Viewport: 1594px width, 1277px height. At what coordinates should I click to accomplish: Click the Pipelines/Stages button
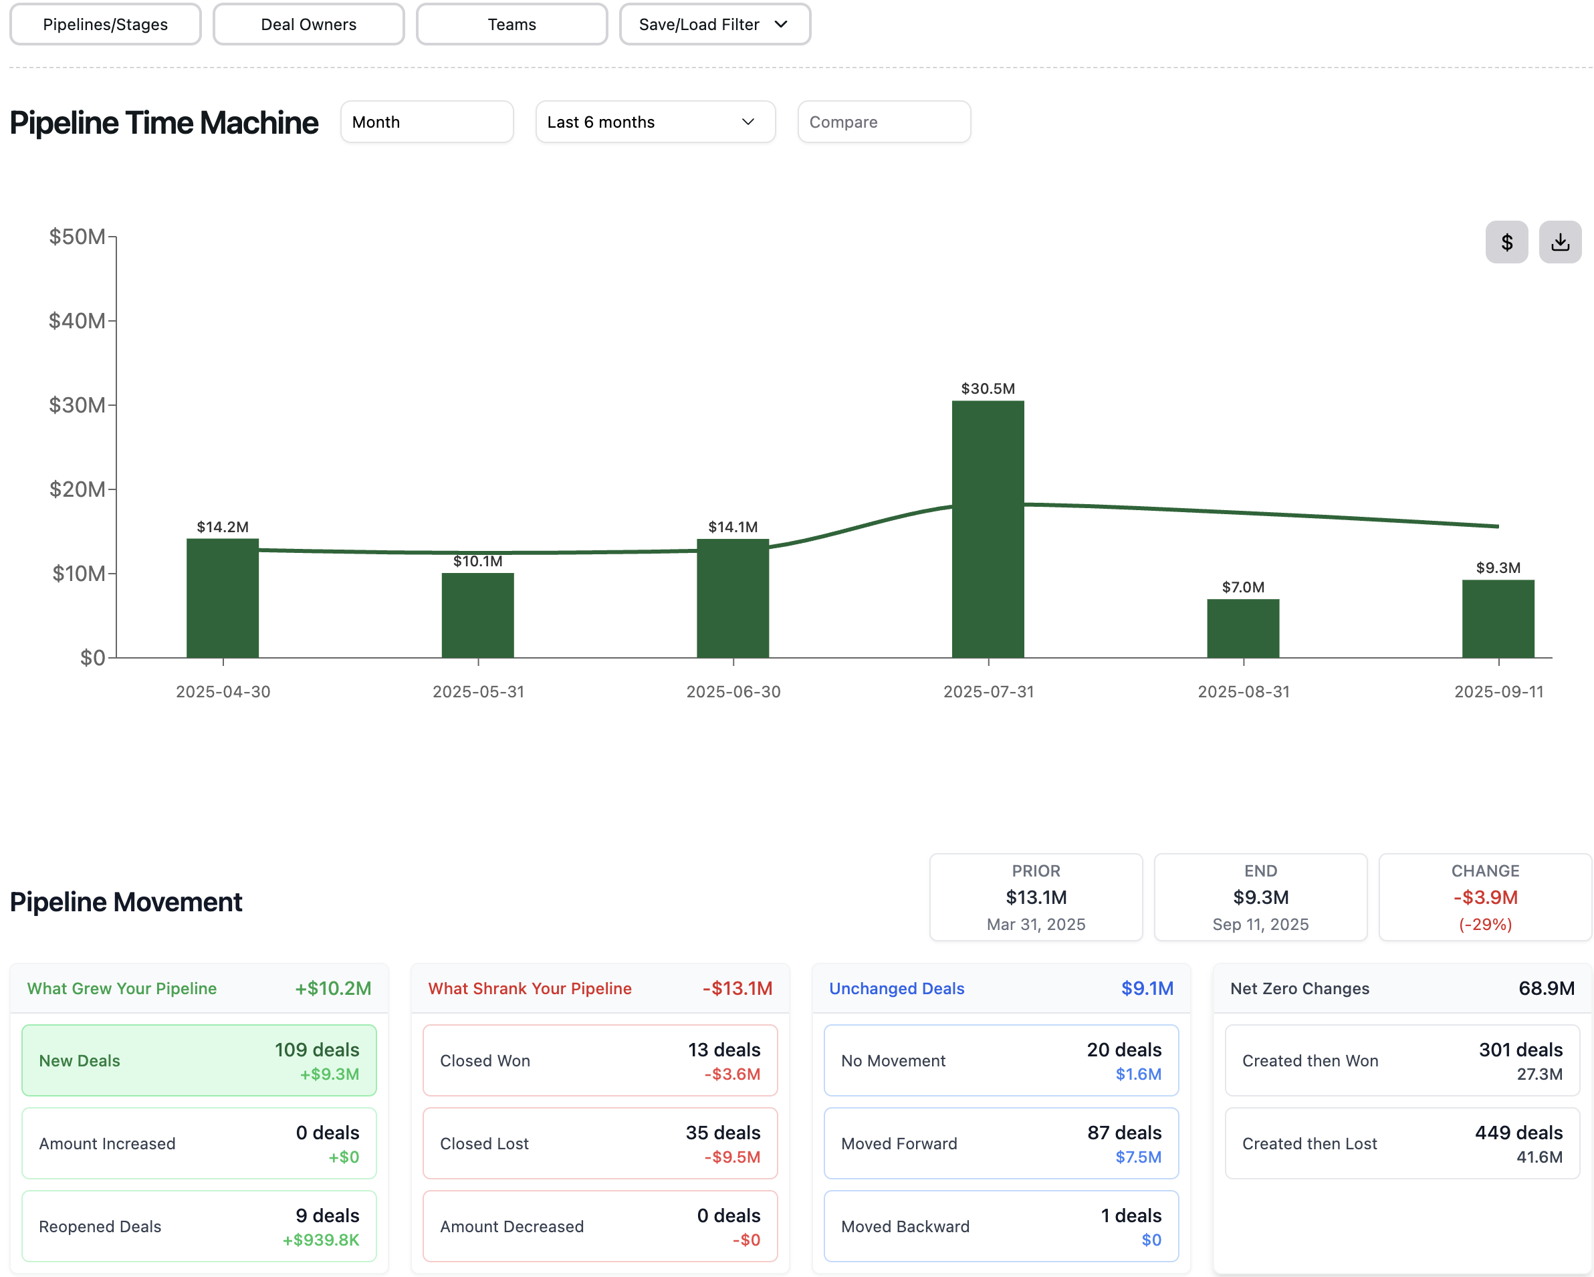point(105,24)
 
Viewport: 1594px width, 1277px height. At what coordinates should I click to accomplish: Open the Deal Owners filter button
point(308,24)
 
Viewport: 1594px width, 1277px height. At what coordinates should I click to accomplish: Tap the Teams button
point(511,24)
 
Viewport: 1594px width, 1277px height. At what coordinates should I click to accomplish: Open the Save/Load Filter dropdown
point(714,24)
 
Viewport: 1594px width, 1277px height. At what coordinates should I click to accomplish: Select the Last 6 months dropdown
point(655,122)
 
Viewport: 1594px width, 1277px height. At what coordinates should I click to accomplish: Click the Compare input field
point(883,122)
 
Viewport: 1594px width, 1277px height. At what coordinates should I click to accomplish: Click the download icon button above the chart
point(1560,243)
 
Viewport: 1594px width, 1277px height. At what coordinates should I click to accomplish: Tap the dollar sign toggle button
point(1506,243)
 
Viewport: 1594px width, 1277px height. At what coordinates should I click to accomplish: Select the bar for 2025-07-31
point(988,529)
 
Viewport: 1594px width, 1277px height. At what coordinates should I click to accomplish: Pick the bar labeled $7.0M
point(1243,628)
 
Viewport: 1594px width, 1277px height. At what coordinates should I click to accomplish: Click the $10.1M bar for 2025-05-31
point(477,615)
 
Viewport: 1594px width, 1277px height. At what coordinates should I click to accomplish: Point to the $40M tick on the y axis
point(77,321)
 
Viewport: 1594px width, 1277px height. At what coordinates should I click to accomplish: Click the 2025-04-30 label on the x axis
point(223,692)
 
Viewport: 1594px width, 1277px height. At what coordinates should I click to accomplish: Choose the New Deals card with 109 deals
point(199,1060)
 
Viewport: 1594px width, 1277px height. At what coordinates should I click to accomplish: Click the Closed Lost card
point(600,1143)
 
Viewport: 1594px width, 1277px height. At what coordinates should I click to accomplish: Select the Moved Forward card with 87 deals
point(1001,1143)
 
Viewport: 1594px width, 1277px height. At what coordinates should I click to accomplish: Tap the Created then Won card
point(1402,1060)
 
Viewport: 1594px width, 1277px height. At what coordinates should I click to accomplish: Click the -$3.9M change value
point(1484,898)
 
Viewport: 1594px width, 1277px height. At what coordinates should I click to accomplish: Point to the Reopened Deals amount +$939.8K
point(321,1240)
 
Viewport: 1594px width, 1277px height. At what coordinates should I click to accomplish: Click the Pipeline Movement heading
point(126,902)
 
